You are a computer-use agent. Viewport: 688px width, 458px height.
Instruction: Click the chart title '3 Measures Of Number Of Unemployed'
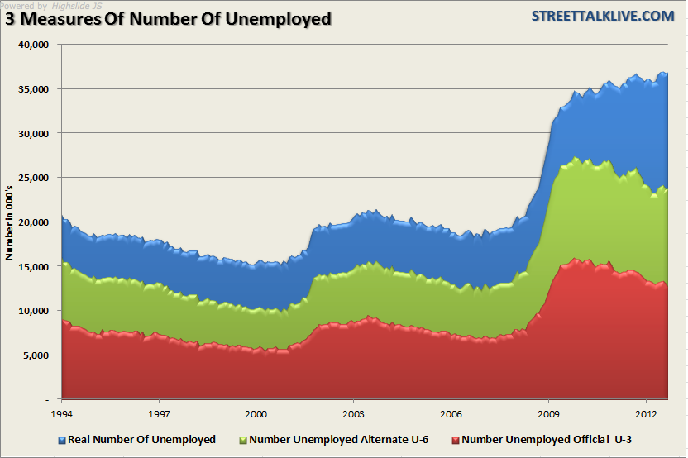click(x=169, y=19)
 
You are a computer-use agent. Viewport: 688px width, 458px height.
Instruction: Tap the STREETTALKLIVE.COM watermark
click(x=603, y=17)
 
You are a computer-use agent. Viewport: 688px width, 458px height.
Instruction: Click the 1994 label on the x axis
click(x=62, y=412)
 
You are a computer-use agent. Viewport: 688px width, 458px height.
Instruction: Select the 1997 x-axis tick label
click(x=160, y=412)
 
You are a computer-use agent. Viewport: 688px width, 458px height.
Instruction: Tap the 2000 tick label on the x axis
click(x=256, y=412)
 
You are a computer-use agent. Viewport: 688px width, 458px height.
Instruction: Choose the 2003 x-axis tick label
click(x=354, y=412)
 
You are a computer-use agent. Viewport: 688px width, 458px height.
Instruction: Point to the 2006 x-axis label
click(x=451, y=412)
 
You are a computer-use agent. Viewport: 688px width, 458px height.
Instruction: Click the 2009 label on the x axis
click(x=549, y=412)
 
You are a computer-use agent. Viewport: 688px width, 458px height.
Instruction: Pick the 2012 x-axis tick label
click(x=646, y=412)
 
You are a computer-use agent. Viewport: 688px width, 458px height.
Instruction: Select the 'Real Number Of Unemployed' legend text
click(x=141, y=439)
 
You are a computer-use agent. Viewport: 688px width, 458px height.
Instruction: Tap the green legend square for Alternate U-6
click(x=242, y=440)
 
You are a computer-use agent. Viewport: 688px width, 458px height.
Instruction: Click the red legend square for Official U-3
click(x=456, y=440)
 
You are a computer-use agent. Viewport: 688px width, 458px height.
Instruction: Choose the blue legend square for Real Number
click(x=62, y=440)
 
